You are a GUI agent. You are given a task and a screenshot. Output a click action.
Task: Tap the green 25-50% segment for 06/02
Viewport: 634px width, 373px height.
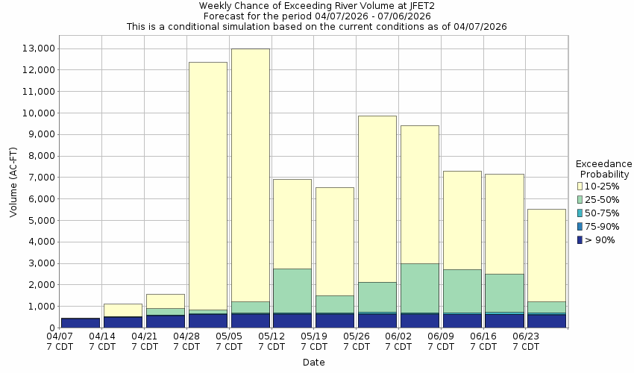click(x=420, y=288)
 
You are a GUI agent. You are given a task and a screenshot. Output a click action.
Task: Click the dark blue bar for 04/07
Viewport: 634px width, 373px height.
click(x=81, y=323)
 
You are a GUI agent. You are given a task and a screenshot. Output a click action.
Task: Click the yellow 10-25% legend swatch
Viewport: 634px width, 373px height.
click(x=580, y=186)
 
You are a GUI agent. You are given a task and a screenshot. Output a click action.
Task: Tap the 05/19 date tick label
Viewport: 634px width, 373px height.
click(x=315, y=342)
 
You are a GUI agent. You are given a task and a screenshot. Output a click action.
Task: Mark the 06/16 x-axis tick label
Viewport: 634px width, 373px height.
click(x=484, y=342)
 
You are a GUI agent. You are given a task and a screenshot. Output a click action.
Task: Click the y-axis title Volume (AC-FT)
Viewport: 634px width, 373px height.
click(x=13, y=188)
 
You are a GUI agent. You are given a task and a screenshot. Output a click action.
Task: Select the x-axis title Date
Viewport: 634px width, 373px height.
click(x=313, y=363)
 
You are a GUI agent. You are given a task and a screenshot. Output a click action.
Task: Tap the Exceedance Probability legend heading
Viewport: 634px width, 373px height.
click(x=604, y=169)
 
